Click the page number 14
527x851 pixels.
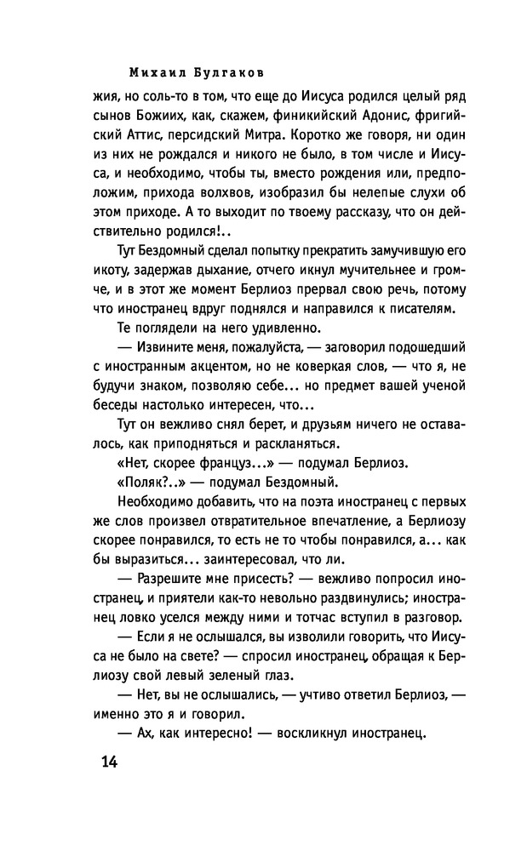pyautogui.click(x=106, y=761)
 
